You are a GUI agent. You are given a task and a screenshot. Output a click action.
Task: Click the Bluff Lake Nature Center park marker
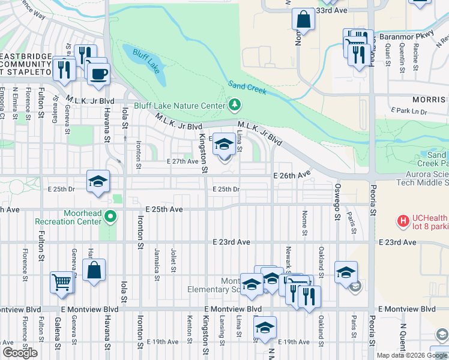pyautogui.click(x=235, y=106)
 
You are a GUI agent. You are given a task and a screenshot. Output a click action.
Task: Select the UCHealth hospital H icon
pyautogui.click(x=403, y=221)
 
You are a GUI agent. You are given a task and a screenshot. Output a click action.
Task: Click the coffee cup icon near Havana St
pyautogui.click(x=98, y=74)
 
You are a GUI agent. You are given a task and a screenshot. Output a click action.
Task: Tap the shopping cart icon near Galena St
pyautogui.click(x=63, y=281)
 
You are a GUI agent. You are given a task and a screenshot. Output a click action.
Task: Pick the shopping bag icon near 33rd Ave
pyautogui.click(x=304, y=19)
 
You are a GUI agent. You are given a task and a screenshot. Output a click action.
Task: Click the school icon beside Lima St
pyautogui.click(x=224, y=144)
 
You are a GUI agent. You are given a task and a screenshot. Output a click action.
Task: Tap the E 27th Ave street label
pyautogui.click(x=182, y=161)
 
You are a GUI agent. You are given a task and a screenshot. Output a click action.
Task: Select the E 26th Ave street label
pyautogui.click(x=292, y=175)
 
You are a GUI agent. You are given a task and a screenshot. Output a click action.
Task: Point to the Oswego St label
pyautogui.click(x=337, y=207)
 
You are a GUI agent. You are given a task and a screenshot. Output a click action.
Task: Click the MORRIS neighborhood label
pyautogui.click(x=430, y=100)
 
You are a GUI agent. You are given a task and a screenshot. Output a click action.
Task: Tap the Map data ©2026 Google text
pyautogui.click(x=412, y=355)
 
